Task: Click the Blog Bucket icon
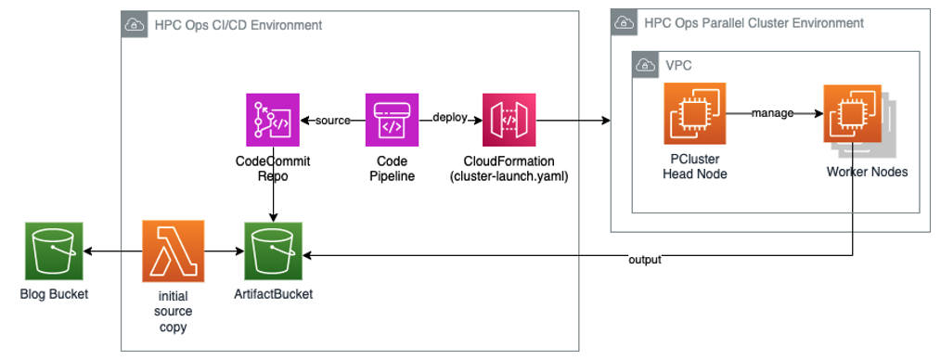tap(54, 251)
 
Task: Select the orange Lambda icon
tap(173, 251)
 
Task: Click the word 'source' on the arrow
tap(333, 122)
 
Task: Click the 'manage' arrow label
tap(773, 113)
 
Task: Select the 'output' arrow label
tap(644, 260)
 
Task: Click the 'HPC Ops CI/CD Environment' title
tap(238, 25)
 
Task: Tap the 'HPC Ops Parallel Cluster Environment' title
tap(753, 22)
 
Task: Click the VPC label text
tap(678, 65)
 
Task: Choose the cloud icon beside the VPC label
tap(645, 65)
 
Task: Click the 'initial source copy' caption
tap(173, 311)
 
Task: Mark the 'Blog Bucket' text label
tap(54, 294)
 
